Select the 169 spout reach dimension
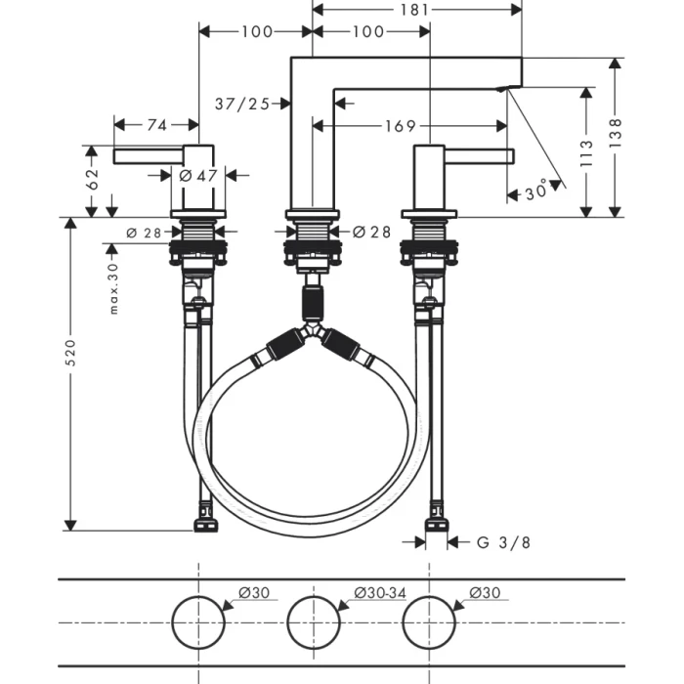click(x=400, y=125)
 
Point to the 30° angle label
click(x=536, y=192)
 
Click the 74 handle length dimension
click(x=156, y=124)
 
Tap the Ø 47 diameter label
click(x=198, y=176)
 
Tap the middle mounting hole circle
click(x=313, y=621)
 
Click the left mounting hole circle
click(x=198, y=621)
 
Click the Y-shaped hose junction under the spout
click(x=313, y=336)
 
